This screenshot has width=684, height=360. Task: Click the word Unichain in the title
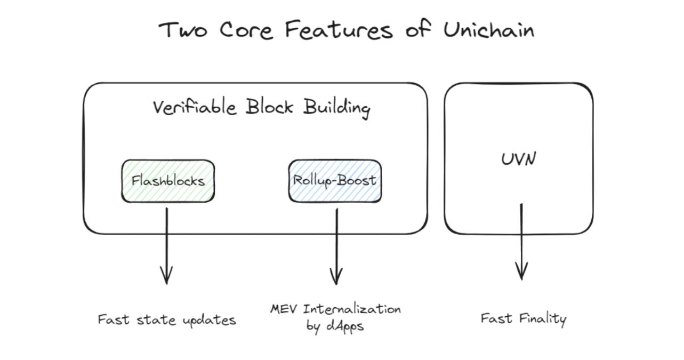coord(488,30)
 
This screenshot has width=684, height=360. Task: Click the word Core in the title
coord(246,30)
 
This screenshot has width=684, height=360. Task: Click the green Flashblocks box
coord(168,181)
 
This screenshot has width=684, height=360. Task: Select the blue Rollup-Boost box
coord(335,181)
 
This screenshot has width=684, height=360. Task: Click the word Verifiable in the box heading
coord(194,107)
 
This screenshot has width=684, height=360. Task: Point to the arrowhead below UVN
coord(521,272)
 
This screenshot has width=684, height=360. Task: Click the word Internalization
coord(351,309)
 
